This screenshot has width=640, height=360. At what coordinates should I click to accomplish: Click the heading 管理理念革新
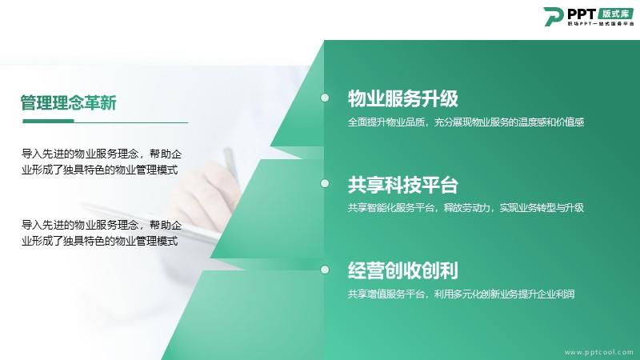(69, 102)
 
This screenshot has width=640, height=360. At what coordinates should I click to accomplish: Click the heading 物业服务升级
(403, 98)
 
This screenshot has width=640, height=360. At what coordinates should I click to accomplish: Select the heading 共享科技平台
(403, 185)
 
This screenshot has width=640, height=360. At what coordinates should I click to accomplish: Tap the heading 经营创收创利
(403, 270)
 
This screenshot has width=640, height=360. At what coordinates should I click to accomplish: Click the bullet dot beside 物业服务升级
(325, 98)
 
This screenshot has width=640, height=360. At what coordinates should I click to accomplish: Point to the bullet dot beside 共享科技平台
(325, 184)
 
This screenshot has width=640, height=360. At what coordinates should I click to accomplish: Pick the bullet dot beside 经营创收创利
(325, 270)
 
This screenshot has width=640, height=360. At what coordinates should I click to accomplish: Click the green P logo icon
(553, 16)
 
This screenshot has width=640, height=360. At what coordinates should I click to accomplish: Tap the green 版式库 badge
(616, 14)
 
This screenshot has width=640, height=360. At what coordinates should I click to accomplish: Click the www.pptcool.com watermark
(598, 352)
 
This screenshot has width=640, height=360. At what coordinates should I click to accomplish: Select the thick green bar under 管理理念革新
(48, 121)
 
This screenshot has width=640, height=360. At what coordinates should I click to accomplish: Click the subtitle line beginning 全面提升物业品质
(466, 122)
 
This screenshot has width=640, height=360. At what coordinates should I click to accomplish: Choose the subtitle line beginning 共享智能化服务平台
(466, 208)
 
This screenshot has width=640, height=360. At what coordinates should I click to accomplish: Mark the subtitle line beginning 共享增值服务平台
(462, 294)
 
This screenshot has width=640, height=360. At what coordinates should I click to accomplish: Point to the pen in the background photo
(231, 163)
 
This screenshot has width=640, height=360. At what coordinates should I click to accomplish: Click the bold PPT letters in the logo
(582, 14)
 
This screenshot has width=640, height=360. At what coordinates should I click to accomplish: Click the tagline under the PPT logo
(601, 24)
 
